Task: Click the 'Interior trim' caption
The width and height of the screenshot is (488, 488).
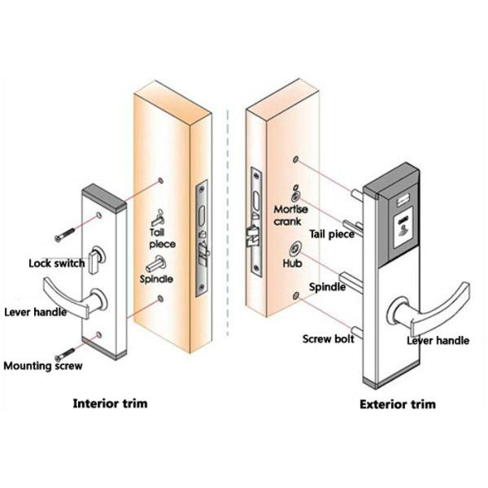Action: click(x=111, y=403)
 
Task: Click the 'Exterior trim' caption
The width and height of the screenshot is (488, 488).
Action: click(x=396, y=403)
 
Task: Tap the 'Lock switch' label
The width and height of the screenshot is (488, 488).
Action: click(x=56, y=264)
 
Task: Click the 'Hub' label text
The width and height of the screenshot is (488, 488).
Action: click(x=292, y=264)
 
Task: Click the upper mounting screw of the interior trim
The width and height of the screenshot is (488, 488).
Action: click(x=63, y=237)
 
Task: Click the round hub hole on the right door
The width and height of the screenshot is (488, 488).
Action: click(x=295, y=248)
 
